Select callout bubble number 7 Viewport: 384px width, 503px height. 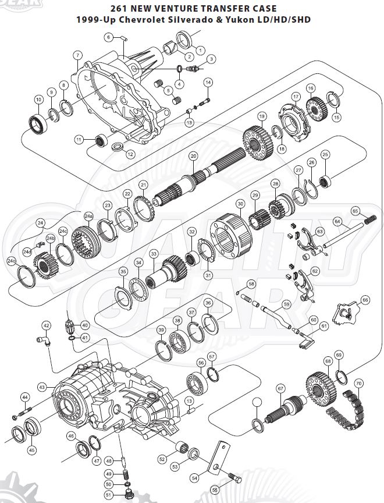pyautogui.click(x=77, y=55)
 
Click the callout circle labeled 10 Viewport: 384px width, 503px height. pyautogui.click(x=38, y=100)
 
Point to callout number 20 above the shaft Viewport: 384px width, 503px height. pyautogui.click(x=193, y=156)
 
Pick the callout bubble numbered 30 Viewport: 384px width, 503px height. pyautogui.click(x=240, y=204)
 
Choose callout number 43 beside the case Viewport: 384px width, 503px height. pyautogui.click(x=42, y=387)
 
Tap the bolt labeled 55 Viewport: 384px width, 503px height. pyautogui.click(x=234, y=479)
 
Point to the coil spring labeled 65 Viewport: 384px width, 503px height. pyautogui.click(x=370, y=219)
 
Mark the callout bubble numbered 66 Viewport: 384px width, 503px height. pyautogui.click(x=365, y=300)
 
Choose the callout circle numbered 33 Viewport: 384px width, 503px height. pyautogui.click(x=154, y=254)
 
